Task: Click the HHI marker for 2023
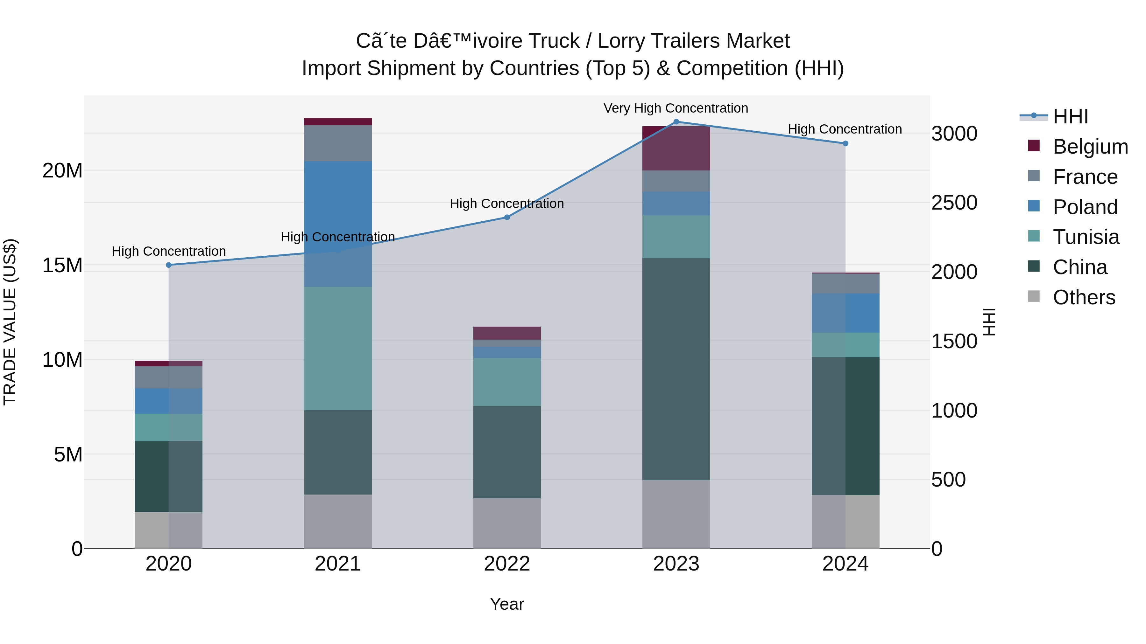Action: (x=676, y=122)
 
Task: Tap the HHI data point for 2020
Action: (x=169, y=265)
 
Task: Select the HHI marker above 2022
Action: (x=507, y=217)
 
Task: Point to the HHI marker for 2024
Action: (x=845, y=143)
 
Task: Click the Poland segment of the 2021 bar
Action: (x=338, y=224)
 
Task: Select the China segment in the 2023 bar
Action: (x=676, y=369)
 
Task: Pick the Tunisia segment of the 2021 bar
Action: (x=338, y=349)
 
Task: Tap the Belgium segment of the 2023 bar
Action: (x=676, y=149)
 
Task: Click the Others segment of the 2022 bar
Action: (x=507, y=523)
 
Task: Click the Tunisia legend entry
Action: (x=1086, y=237)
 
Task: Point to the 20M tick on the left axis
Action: (x=62, y=171)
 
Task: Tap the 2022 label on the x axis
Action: (x=507, y=564)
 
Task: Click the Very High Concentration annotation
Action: (x=676, y=108)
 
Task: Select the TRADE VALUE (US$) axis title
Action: (x=10, y=322)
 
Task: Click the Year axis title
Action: (x=507, y=604)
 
